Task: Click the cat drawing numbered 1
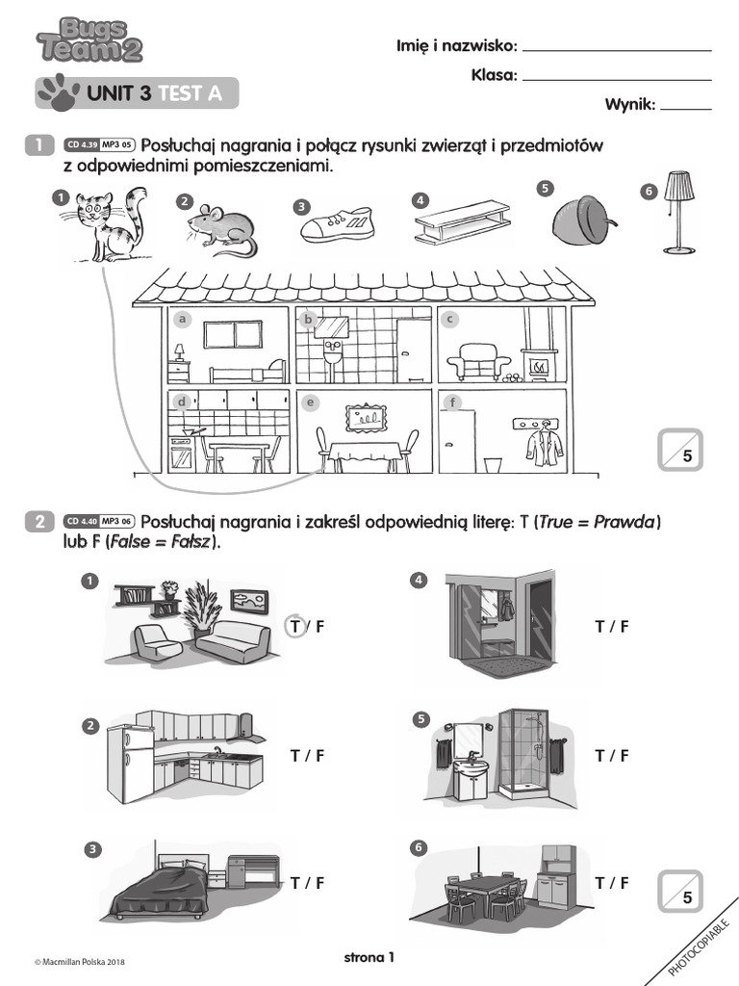(108, 225)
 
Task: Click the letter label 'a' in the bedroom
(180, 320)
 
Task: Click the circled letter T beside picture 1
(295, 627)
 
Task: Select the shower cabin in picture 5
(524, 756)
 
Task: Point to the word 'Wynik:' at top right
(629, 104)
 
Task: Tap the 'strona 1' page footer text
(369, 957)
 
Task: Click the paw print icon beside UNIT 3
(58, 91)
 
